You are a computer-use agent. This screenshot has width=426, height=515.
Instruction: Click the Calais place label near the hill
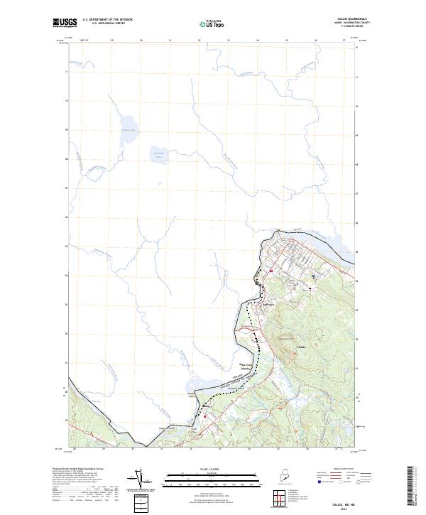pyautogui.click(x=300, y=347)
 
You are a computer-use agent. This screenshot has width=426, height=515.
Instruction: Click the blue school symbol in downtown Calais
pyautogui.click(x=313, y=275)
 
